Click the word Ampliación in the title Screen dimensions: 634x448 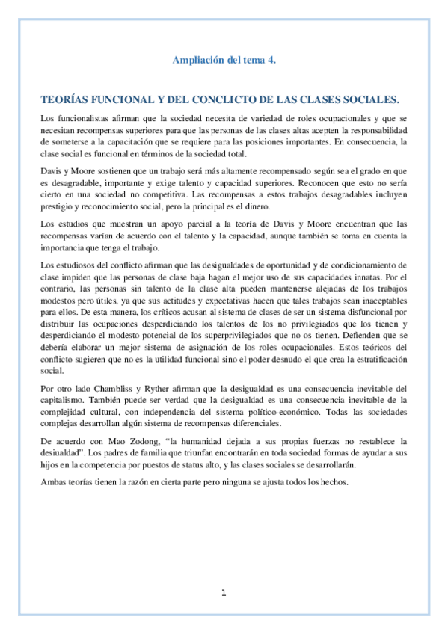(x=195, y=60)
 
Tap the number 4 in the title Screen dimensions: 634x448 (x=271, y=60)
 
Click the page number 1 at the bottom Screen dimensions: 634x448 (x=224, y=594)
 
